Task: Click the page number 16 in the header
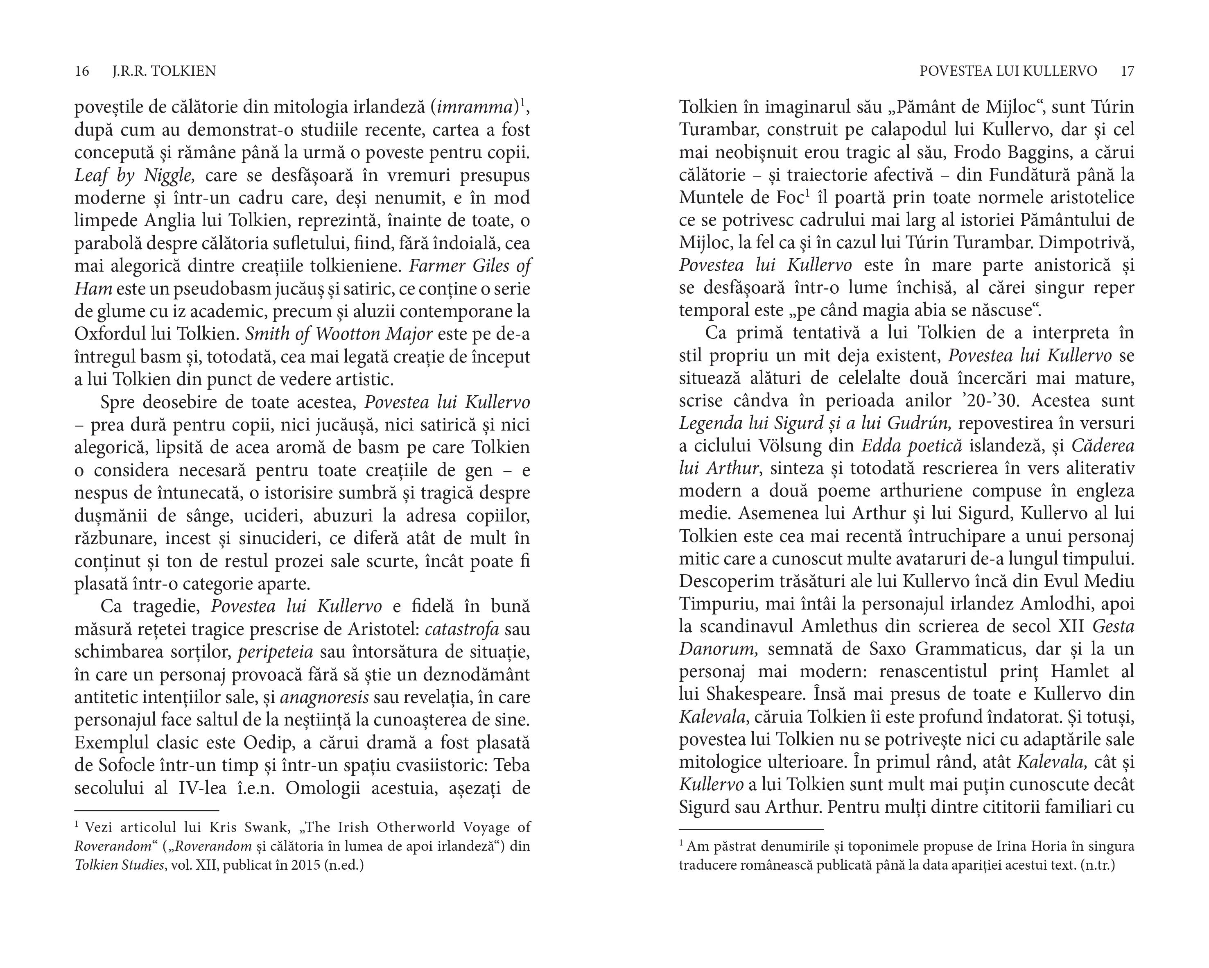pos(82,71)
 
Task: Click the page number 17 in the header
pos(1127,71)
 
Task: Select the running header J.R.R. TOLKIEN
pos(164,71)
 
